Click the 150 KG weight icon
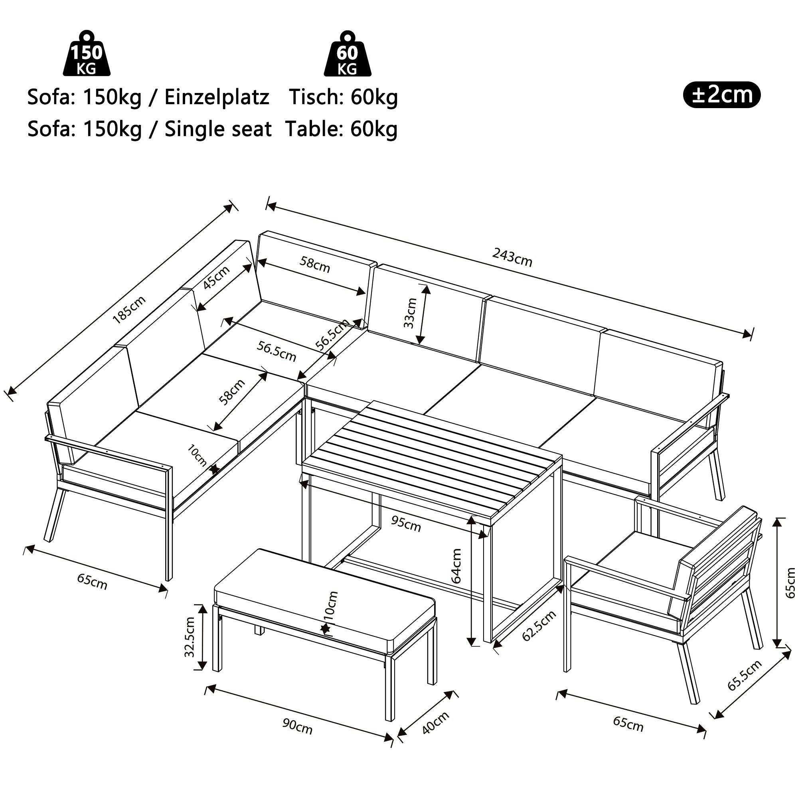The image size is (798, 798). [x=86, y=54]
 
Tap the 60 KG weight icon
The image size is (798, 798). [x=347, y=54]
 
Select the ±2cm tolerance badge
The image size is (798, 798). [x=721, y=95]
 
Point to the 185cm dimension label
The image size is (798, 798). [x=129, y=309]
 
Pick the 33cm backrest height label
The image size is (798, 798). [x=410, y=313]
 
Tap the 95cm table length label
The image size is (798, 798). [x=406, y=524]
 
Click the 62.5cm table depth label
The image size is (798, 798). [x=539, y=626]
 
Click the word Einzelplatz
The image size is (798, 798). [x=216, y=97]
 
